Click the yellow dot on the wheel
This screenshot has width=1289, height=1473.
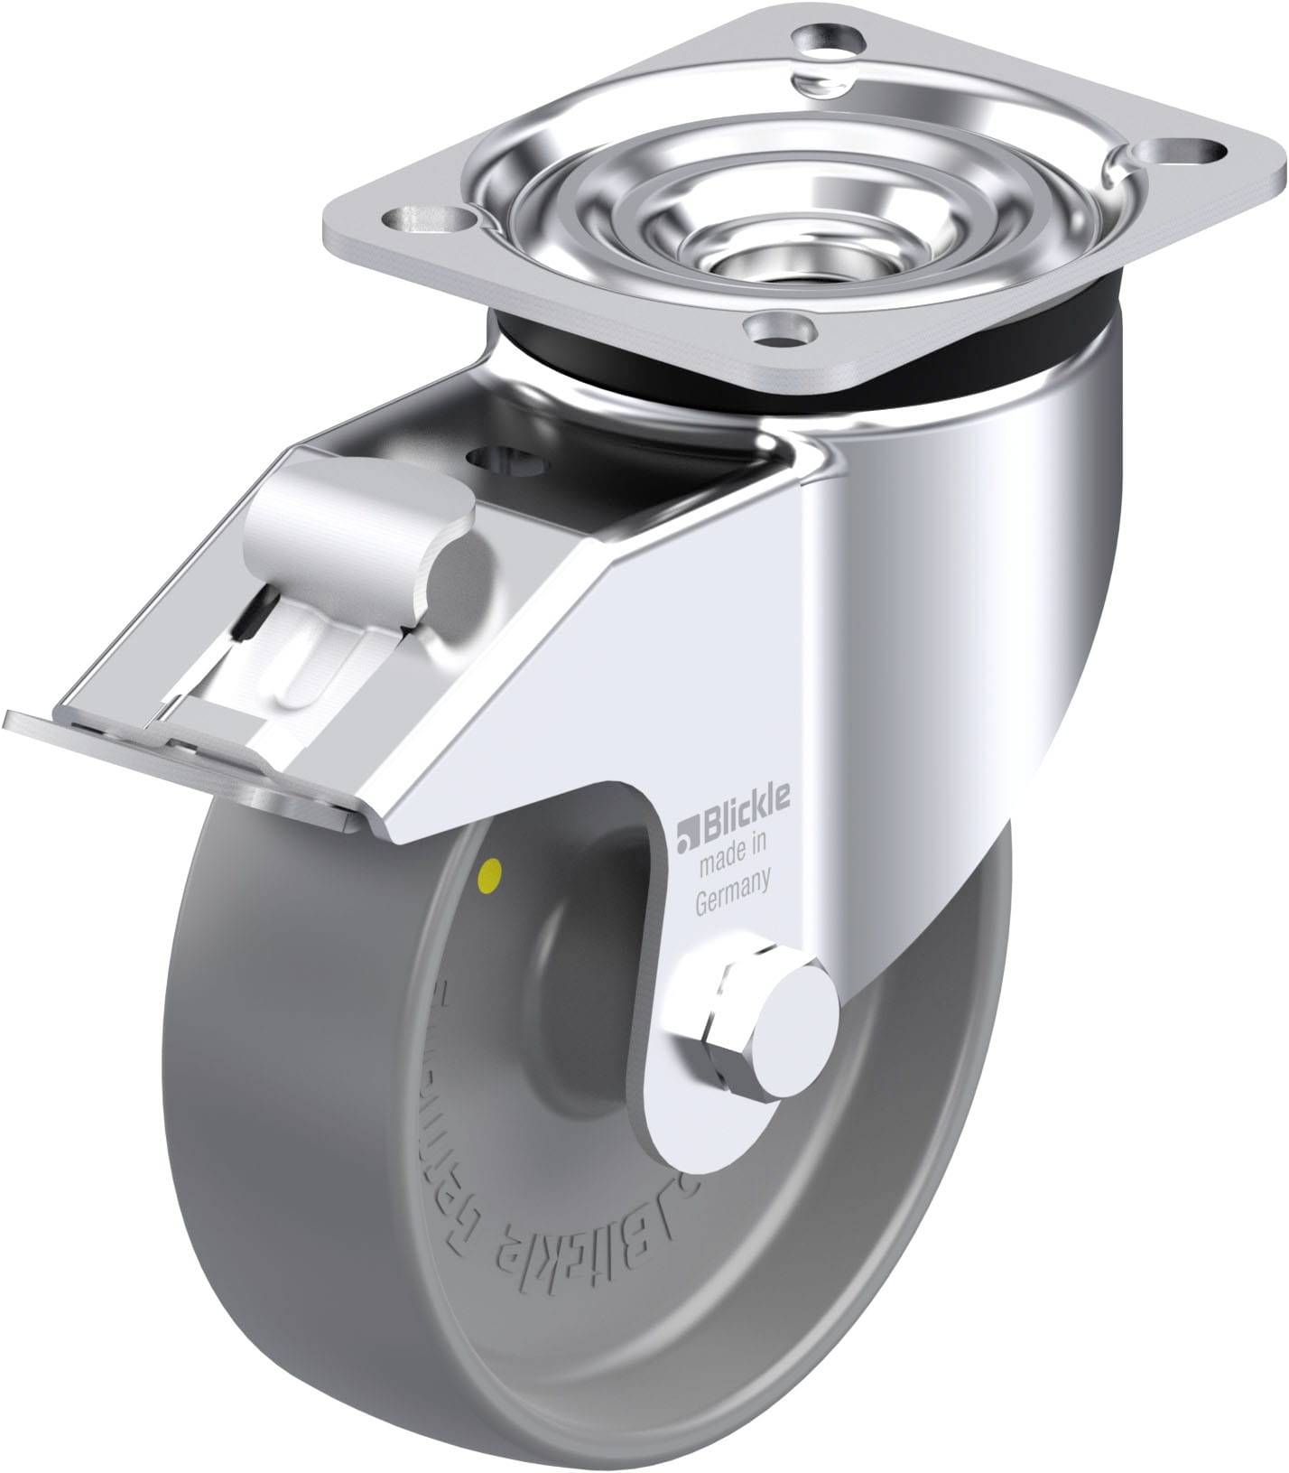click(x=492, y=872)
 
